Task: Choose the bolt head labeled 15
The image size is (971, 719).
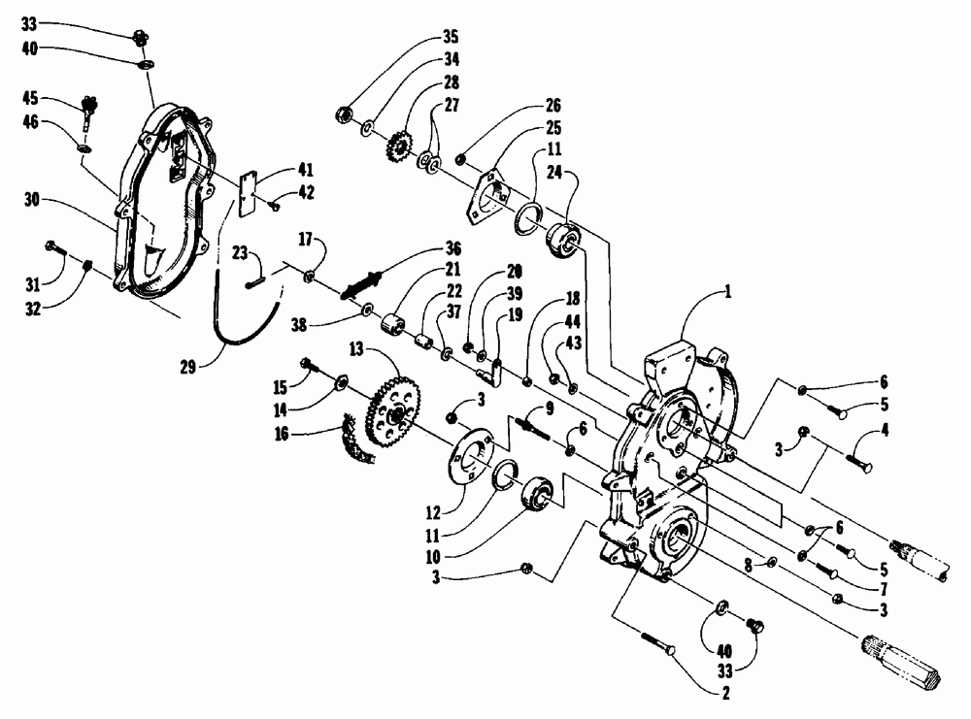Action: click(x=308, y=365)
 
